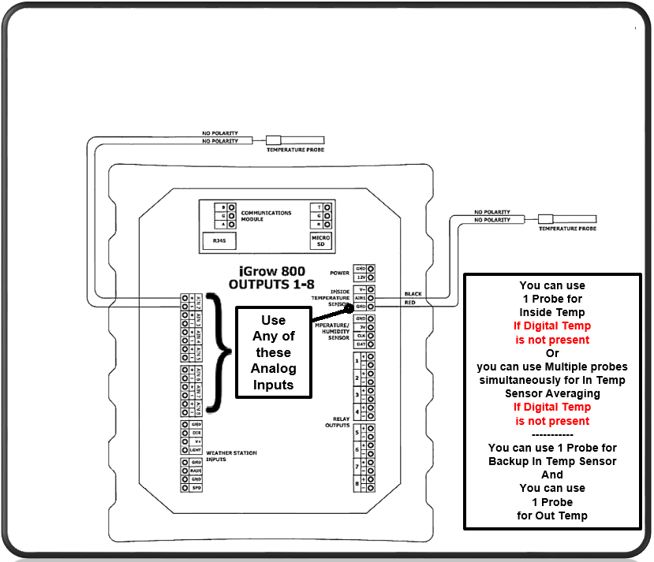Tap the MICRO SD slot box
tap(320, 240)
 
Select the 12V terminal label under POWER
tap(360, 277)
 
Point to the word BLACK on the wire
tap(413, 293)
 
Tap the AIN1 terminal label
tap(360, 298)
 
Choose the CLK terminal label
tap(360, 335)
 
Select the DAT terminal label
tap(360, 344)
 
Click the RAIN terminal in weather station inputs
tap(196, 470)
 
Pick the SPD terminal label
tap(196, 487)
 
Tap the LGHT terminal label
tap(196, 449)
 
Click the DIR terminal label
tap(196, 433)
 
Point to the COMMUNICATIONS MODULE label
tap(266, 215)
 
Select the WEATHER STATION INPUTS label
tap(230, 456)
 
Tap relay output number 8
tap(357, 482)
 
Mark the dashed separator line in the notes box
tap(552, 434)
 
